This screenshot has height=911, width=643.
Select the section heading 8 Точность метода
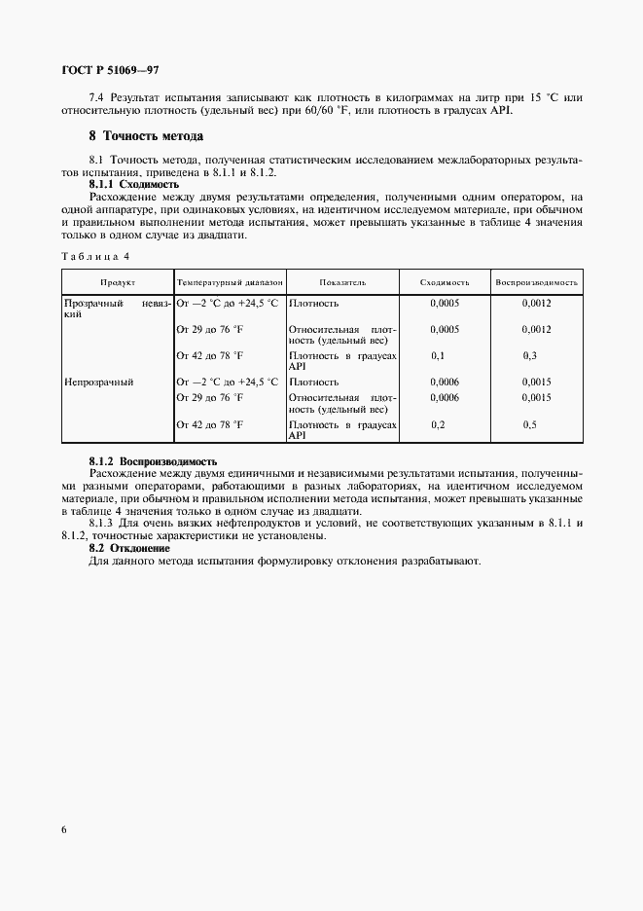(x=146, y=135)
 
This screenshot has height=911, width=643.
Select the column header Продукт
(x=117, y=282)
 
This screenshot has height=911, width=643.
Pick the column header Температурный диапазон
(x=230, y=282)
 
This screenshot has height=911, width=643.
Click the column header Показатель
(x=342, y=282)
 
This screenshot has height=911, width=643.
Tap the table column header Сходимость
(x=445, y=282)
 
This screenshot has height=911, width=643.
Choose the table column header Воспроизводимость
(x=537, y=282)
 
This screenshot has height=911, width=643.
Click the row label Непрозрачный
(x=98, y=383)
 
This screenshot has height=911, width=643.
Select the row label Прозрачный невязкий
(x=117, y=310)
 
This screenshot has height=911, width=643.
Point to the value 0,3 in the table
(x=530, y=356)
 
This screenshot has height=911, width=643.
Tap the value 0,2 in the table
(x=438, y=425)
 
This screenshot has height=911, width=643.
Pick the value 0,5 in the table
(x=530, y=425)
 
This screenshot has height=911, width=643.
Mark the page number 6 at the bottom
(x=64, y=829)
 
